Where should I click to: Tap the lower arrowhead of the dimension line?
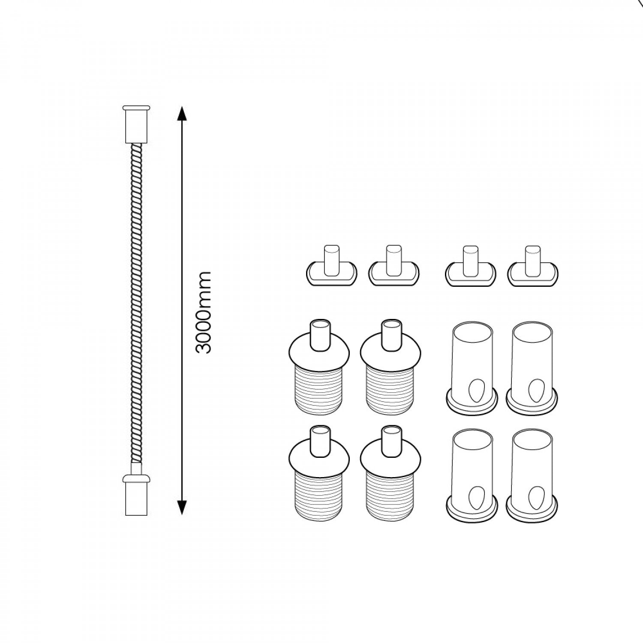pos(182,506)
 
